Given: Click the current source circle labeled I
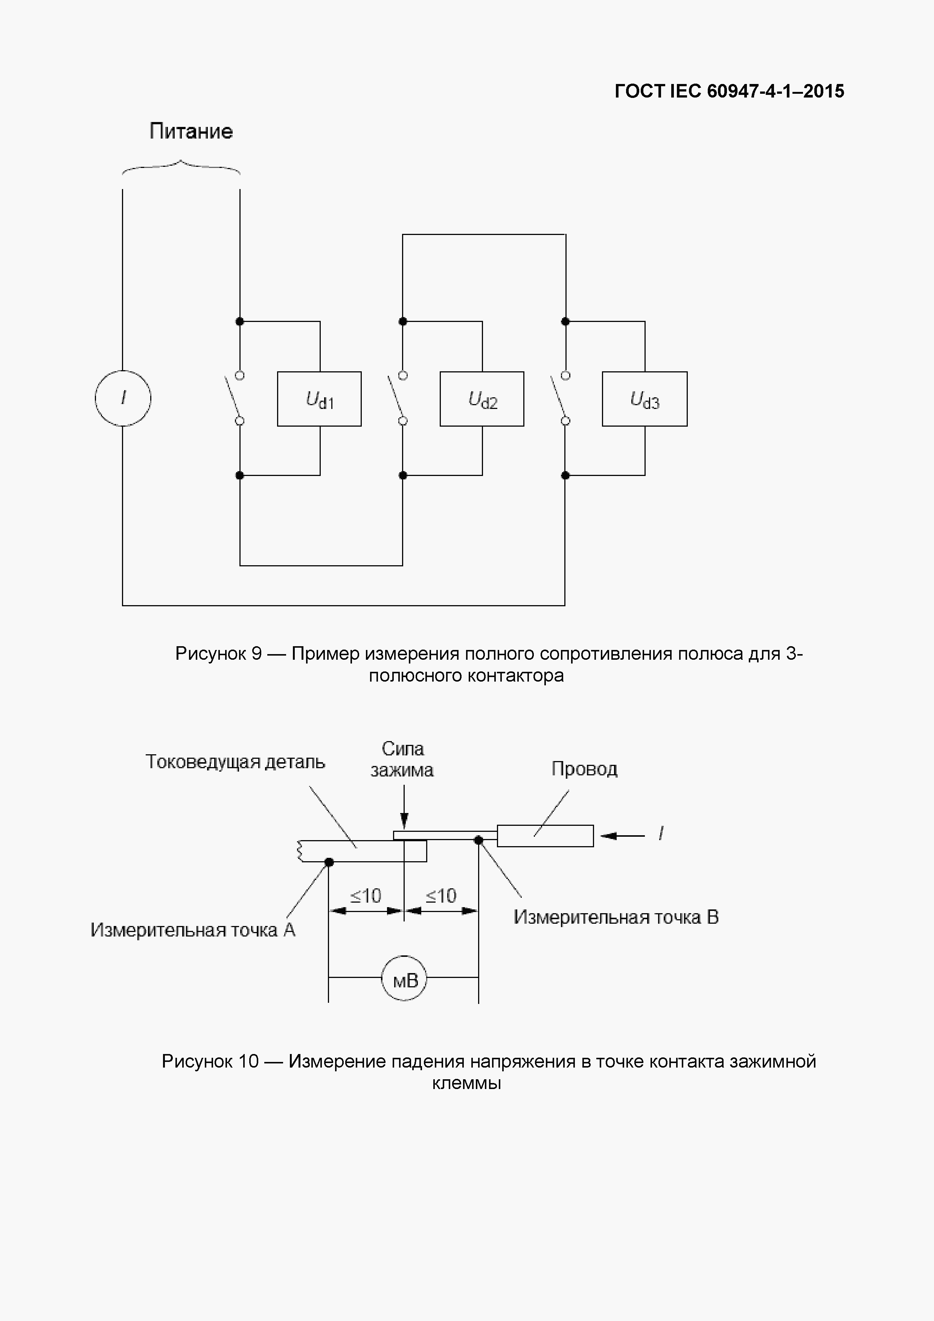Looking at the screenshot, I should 122,398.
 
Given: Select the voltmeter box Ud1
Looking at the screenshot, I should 319,399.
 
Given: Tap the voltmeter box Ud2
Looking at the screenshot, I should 482,399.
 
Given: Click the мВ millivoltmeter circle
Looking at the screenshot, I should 404,980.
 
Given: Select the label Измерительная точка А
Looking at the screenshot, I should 193,930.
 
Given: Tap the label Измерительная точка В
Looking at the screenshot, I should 616,917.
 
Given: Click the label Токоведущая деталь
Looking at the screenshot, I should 235,762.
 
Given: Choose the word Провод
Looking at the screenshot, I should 584,769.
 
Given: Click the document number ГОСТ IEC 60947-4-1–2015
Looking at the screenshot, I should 729,91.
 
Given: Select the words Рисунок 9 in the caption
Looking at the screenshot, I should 219,654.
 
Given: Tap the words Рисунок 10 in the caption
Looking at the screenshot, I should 210,1061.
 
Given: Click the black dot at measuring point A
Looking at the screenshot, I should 329,862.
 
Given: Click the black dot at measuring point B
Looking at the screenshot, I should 478,840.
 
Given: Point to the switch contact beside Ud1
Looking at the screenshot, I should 234,398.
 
